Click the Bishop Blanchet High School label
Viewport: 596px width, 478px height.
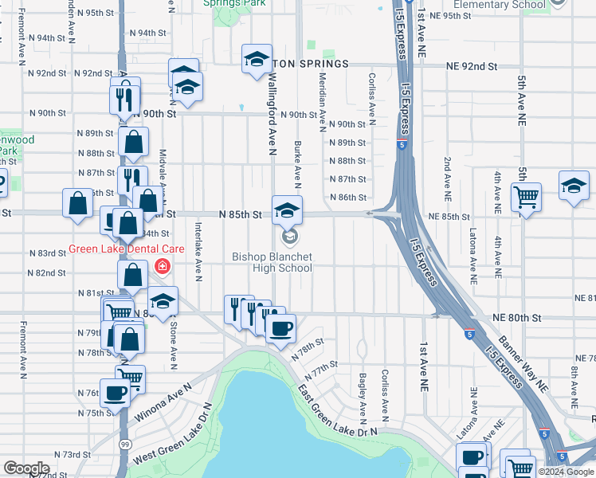click(272, 262)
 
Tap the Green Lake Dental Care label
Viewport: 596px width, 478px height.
click(112, 248)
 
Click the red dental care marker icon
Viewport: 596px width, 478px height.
click(163, 265)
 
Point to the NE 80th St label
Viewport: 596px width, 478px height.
click(516, 318)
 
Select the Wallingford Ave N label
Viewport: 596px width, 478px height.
click(272, 110)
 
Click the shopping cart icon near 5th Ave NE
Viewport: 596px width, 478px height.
click(526, 196)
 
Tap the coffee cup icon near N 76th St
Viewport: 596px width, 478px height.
click(116, 392)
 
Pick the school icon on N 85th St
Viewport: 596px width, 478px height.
click(288, 210)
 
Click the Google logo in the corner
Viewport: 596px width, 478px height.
click(26, 468)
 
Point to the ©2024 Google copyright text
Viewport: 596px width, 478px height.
click(566, 472)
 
